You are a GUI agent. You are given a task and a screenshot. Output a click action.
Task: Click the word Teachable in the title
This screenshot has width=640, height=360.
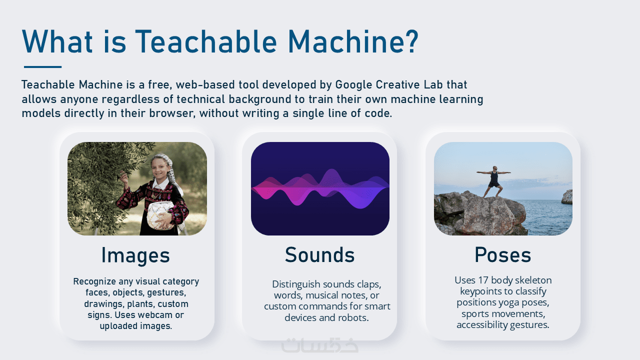(206, 41)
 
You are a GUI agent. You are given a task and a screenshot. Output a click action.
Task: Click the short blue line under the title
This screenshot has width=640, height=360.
(43, 67)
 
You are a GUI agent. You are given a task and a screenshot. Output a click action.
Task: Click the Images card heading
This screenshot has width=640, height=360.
(135, 255)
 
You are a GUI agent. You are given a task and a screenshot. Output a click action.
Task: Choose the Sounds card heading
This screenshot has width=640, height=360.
(319, 255)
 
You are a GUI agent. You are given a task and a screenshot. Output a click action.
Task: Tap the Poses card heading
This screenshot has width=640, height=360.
(503, 255)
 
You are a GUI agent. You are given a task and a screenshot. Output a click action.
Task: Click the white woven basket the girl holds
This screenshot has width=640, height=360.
(160, 215)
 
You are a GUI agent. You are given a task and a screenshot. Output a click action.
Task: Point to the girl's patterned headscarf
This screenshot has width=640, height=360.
(168, 168)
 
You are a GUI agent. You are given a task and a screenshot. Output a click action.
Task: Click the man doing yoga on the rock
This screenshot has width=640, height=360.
(493, 181)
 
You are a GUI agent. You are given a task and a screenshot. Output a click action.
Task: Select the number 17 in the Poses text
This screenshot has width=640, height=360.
(483, 280)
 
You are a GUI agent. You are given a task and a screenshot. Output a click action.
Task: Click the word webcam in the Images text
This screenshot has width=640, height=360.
(153, 315)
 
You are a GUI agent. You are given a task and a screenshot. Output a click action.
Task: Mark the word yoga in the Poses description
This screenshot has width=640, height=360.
(509, 303)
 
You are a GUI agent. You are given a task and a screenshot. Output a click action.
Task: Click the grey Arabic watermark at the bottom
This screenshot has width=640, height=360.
(319, 345)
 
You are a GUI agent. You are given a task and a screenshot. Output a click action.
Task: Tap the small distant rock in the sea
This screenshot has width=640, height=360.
(567, 196)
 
